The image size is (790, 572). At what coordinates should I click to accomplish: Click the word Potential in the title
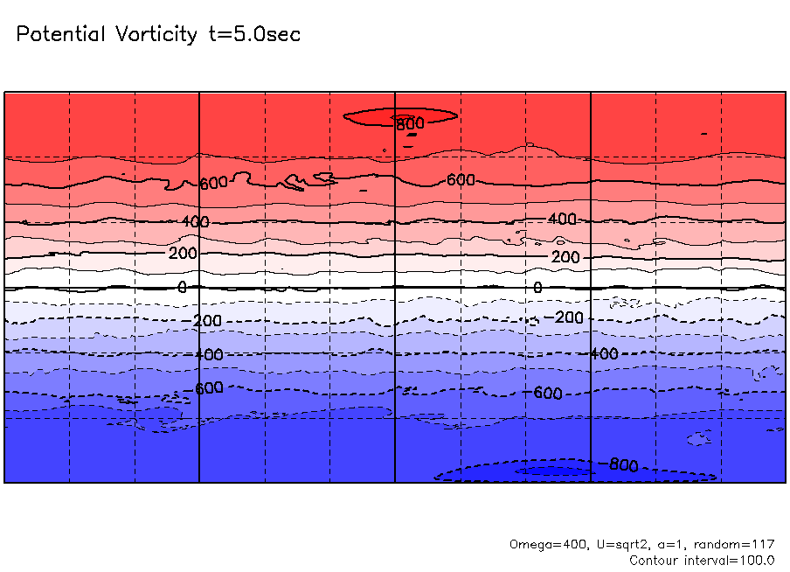pos(59,35)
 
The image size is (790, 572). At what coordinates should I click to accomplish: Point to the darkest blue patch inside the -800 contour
pos(551,471)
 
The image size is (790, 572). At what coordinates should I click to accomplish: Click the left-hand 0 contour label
pos(182,287)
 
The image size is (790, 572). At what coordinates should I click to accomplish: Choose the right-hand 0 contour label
pos(537,287)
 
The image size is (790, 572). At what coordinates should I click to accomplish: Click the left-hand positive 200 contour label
pos(184,254)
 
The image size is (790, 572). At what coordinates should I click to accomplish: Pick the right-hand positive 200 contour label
pos(566,257)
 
